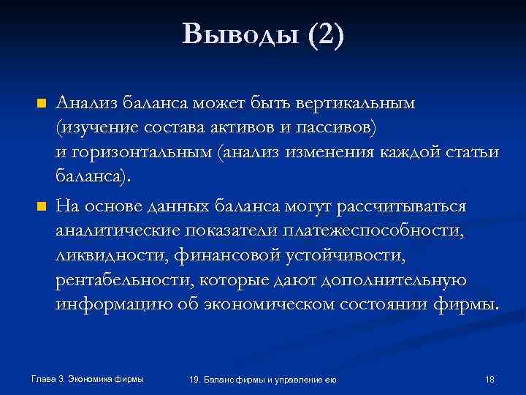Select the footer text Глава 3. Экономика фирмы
(x=88, y=378)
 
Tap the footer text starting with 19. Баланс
(x=262, y=379)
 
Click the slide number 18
(x=489, y=379)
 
